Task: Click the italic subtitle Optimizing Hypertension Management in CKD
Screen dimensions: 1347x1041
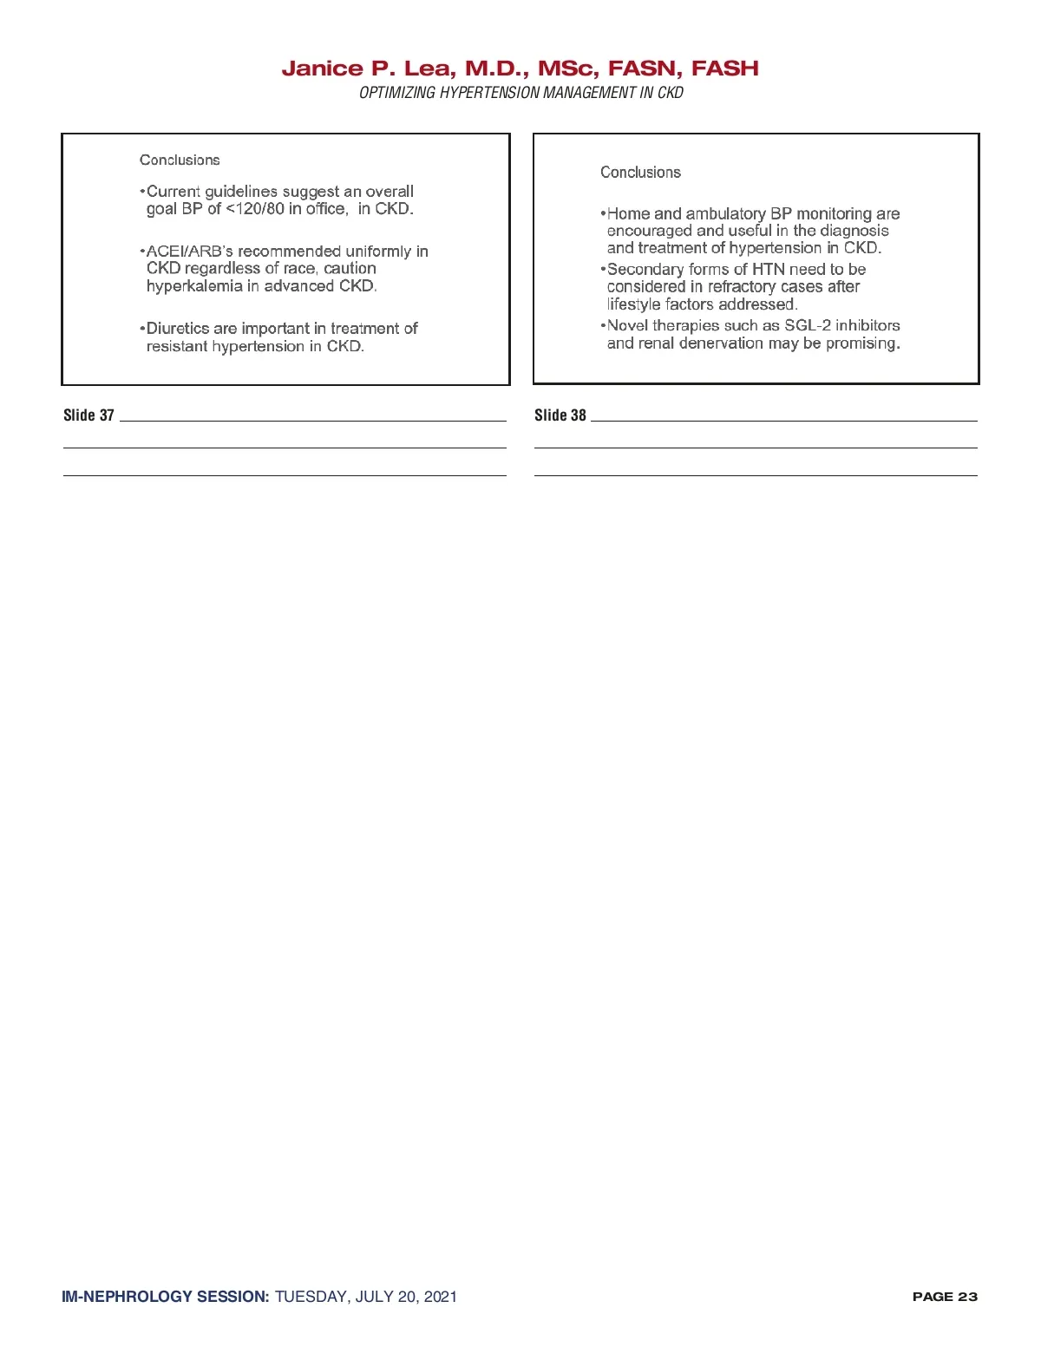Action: click(520, 93)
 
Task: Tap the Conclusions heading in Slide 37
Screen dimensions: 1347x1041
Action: click(180, 160)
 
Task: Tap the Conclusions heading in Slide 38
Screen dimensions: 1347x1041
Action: click(640, 173)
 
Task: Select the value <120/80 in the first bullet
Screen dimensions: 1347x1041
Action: click(255, 209)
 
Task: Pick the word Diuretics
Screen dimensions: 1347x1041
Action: click(178, 329)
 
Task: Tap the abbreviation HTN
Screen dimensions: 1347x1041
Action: click(768, 270)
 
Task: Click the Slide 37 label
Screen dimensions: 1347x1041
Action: click(88, 415)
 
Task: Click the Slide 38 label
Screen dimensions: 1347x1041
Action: click(560, 415)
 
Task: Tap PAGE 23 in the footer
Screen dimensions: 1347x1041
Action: click(945, 1297)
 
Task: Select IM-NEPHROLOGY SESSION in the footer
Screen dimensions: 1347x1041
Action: click(165, 1297)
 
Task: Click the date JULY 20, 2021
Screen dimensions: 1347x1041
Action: click(406, 1297)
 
